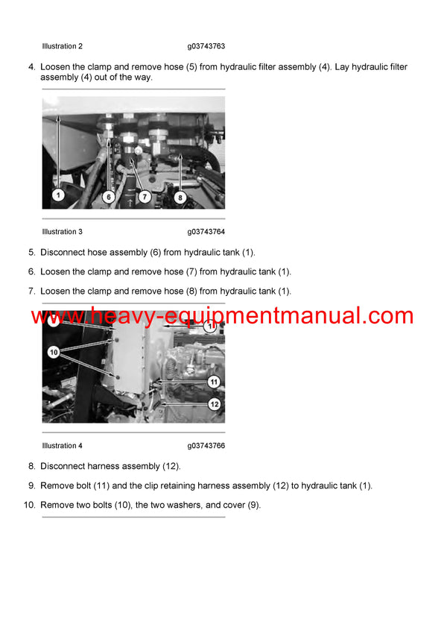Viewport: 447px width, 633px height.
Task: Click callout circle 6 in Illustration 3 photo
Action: [109, 197]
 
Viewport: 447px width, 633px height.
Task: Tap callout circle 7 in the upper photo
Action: [145, 197]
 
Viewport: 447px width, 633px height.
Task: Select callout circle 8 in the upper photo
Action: [180, 197]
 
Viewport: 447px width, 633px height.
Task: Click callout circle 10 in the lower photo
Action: [54, 351]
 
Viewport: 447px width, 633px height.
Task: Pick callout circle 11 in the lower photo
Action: [213, 381]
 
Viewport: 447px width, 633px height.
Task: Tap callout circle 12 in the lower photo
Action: [213, 404]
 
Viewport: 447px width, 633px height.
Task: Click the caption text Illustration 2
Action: [63, 46]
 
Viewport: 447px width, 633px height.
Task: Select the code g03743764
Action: [206, 232]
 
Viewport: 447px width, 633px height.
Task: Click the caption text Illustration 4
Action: [63, 446]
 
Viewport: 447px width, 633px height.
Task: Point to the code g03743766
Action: [206, 446]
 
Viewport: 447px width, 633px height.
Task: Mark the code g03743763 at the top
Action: [206, 46]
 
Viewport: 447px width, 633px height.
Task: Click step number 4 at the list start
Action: [31, 67]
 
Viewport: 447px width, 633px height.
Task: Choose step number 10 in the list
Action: [29, 505]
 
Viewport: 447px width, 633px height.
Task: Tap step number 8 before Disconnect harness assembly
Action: [31, 466]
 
